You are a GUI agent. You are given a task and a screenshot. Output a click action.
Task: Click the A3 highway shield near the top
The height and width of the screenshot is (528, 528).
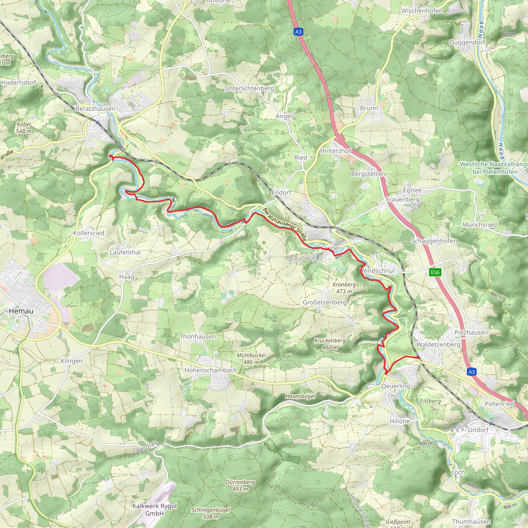(298, 32)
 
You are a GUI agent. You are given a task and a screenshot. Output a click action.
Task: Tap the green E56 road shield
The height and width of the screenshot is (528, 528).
(435, 272)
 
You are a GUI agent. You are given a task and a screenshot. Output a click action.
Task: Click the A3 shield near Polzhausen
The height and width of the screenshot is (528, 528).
(472, 372)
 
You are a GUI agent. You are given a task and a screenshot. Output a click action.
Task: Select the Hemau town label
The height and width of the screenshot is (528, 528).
(21, 311)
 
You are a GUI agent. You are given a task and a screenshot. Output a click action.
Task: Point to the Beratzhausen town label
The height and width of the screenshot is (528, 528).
(95, 109)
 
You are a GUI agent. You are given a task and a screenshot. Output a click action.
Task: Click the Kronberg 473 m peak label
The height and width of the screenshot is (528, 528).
(344, 288)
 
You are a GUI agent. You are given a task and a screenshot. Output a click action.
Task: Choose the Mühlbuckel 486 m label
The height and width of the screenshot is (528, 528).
(251, 359)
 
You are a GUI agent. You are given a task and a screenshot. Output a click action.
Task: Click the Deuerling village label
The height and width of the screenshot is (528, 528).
(396, 386)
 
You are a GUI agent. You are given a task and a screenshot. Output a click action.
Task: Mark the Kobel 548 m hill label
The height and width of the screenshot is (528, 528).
(24, 128)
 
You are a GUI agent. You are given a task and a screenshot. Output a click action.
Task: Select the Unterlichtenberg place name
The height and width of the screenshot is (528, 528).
(249, 88)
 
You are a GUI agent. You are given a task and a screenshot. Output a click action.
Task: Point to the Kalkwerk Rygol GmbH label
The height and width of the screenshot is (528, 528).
(155, 510)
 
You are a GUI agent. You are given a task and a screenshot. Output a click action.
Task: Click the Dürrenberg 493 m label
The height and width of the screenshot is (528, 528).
(240, 486)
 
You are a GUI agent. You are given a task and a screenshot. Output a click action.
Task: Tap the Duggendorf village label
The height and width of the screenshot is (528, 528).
(467, 42)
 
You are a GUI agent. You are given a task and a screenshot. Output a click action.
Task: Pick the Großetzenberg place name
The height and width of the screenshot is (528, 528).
(325, 302)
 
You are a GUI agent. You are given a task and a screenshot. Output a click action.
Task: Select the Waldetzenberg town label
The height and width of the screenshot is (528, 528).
(438, 344)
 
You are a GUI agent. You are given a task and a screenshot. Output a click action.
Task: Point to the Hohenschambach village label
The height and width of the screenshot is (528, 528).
(211, 370)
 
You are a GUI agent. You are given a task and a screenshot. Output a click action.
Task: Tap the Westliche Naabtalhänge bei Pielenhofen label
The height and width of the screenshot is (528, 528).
(493, 168)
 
